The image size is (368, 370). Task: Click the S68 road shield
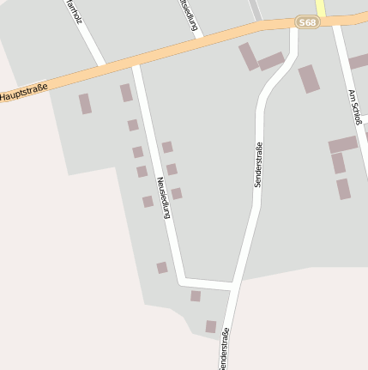click(307, 21)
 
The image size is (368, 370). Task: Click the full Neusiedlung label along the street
click(163, 197)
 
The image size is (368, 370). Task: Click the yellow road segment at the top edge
click(320, 7)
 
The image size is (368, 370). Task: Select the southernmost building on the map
click(210, 326)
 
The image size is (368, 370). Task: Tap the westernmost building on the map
click(85, 104)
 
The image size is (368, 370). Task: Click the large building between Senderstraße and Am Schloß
click(309, 78)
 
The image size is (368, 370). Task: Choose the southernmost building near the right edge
click(343, 189)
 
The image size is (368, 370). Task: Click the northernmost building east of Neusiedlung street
click(167, 147)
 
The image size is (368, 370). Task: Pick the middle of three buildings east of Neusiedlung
click(172, 169)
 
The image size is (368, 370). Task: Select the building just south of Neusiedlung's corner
click(196, 296)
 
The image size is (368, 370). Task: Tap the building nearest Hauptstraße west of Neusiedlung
click(126, 93)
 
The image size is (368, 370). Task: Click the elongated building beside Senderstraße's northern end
click(248, 57)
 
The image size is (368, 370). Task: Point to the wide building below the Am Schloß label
click(342, 144)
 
